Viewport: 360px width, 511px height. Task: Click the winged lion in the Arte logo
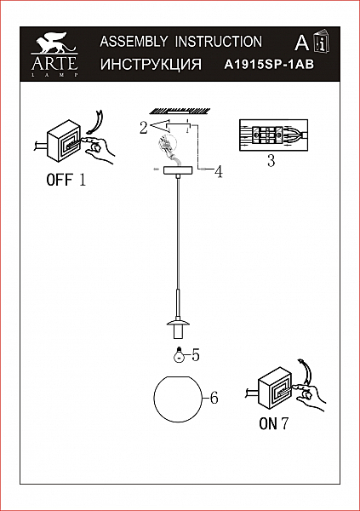pyautogui.click(x=54, y=43)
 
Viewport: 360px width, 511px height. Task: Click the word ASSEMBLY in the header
pyautogui.click(x=134, y=42)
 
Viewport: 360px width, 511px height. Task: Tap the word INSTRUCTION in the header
pyautogui.click(x=219, y=42)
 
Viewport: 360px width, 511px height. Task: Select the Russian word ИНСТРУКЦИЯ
pyautogui.click(x=151, y=64)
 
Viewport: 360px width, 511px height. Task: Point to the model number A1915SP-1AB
pyautogui.click(x=269, y=65)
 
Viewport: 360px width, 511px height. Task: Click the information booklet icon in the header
pyautogui.click(x=322, y=43)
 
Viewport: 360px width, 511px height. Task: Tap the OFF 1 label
pyautogui.click(x=66, y=180)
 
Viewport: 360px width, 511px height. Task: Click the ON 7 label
pyautogui.click(x=274, y=423)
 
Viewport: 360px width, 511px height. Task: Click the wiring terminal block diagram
pyautogui.click(x=273, y=135)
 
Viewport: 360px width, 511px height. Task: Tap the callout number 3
pyautogui.click(x=271, y=161)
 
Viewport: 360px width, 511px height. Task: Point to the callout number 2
pyautogui.click(x=144, y=128)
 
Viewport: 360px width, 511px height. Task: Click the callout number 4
pyautogui.click(x=219, y=172)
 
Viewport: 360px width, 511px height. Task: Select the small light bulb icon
pyautogui.click(x=178, y=354)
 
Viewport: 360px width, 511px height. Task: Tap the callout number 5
pyautogui.click(x=196, y=355)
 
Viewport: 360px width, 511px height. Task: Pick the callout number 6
pyautogui.click(x=214, y=398)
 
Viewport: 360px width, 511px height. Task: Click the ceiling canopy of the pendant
pyautogui.click(x=178, y=171)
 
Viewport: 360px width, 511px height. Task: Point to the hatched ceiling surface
pyautogui.click(x=180, y=111)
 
